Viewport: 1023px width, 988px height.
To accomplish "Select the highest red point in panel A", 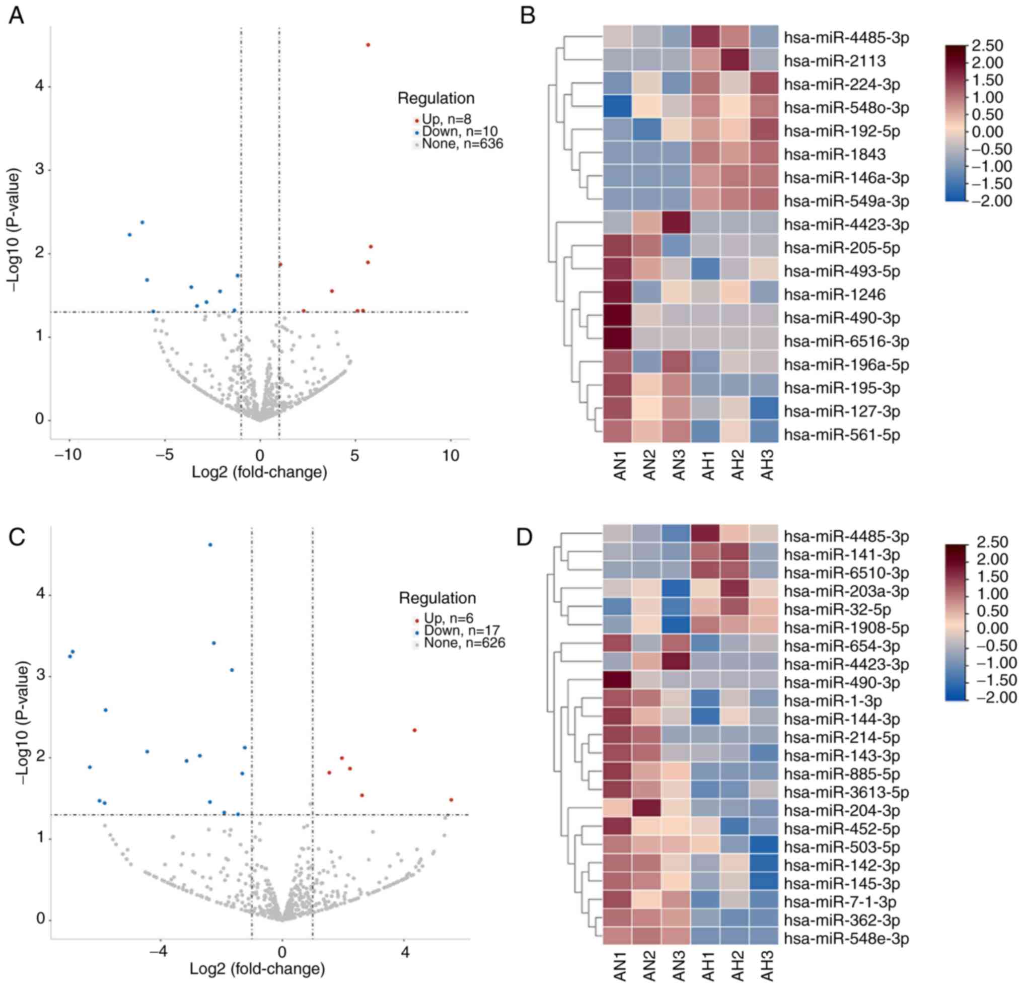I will pyautogui.click(x=368, y=45).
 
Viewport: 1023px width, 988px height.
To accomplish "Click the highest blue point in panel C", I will pyautogui.click(x=210, y=545).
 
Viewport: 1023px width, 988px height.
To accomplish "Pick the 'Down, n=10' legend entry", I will pyautogui.click(x=459, y=131).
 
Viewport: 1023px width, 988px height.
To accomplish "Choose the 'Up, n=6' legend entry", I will pyautogui.click(x=449, y=619).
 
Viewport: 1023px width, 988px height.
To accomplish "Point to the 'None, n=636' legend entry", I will pyautogui.click(x=462, y=144).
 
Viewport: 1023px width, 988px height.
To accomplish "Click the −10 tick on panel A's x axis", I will pyautogui.click(x=69, y=455).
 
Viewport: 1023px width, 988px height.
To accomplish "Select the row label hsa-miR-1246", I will pyautogui.click(x=835, y=295).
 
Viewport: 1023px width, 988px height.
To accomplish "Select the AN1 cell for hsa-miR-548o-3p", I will pyautogui.click(x=617, y=108).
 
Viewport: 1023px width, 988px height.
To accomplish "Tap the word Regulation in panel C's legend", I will pyautogui.click(x=437, y=598).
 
